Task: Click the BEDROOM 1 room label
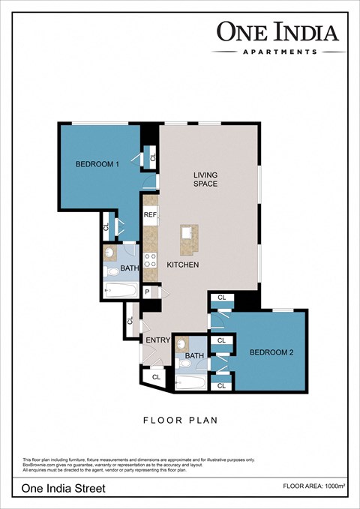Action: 97,164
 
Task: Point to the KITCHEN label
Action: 181,265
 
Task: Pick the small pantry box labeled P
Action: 148,292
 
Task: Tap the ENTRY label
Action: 159,340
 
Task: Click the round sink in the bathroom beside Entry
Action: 182,343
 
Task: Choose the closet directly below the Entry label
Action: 156,377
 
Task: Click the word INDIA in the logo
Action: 307,31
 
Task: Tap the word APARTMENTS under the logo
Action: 279,52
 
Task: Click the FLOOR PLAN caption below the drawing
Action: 180,421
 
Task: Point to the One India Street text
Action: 64,488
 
